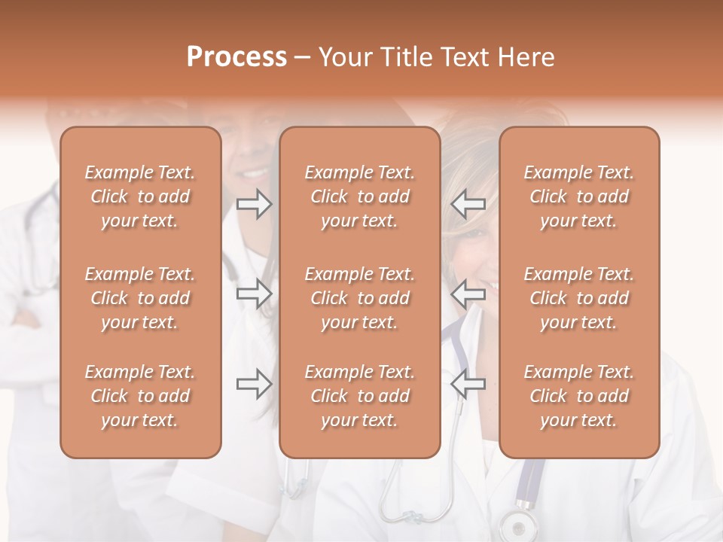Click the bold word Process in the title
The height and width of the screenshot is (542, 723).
pos(236,56)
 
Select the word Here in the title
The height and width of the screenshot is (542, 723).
pos(526,56)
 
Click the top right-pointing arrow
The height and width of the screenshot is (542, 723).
pos(255,204)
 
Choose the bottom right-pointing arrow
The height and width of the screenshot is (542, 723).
pos(255,384)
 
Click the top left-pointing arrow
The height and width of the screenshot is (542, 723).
pos(468,204)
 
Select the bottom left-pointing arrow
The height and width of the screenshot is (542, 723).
pos(468,384)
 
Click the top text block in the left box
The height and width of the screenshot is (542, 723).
pos(140,196)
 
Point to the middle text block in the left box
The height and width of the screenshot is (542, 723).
pos(140,298)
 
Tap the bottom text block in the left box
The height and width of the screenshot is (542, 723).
pos(140,396)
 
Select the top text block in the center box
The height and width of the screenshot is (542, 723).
pos(359,196)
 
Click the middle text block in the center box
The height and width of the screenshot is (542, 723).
pos(359,298)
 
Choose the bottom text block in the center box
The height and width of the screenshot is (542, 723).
pos(359,396)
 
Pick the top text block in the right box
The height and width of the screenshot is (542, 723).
pos(578,196)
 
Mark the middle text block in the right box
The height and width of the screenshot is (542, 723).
pos(578,298)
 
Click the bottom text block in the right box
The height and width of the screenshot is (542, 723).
pos(578,396)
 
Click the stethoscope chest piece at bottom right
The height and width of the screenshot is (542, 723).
pos(516,525)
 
